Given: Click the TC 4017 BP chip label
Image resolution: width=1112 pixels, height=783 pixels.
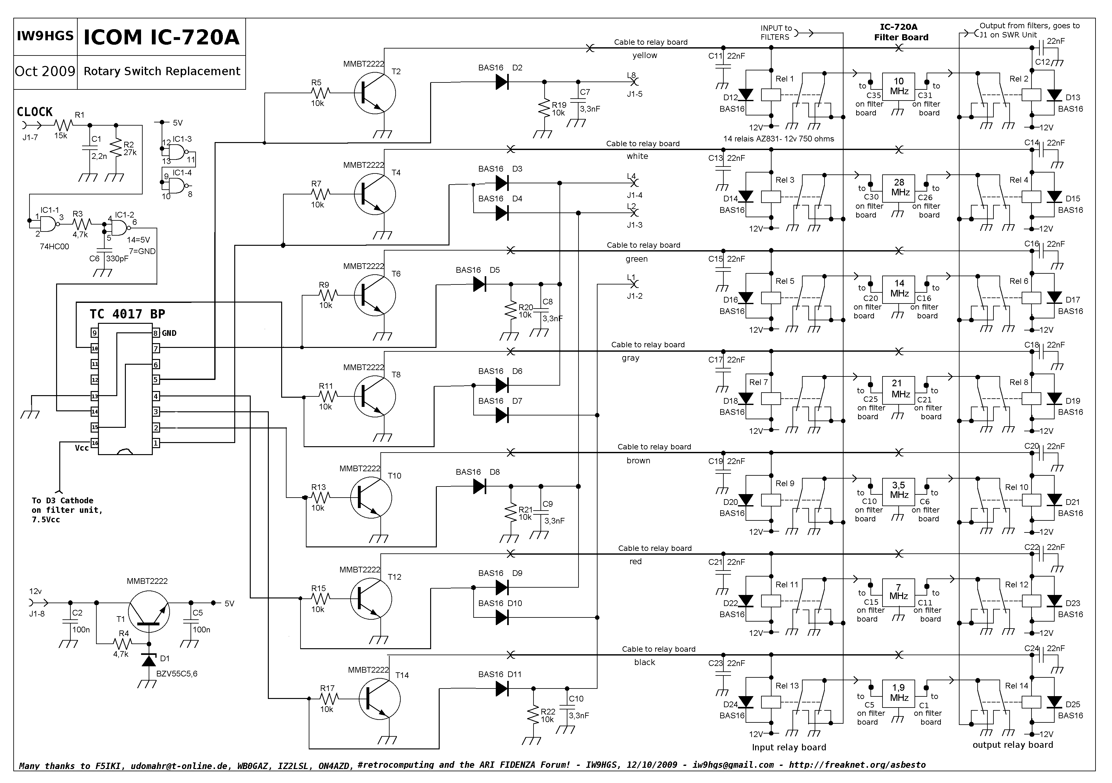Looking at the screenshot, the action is point(127,314).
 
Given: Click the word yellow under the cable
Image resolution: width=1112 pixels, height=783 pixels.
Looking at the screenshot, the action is point(645,55).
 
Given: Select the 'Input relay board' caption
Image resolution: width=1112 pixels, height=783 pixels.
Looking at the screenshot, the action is point(789,747).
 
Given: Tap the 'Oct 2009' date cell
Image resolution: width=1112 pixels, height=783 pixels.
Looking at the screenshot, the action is point(45,71).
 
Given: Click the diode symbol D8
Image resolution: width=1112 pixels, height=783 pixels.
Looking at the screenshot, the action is point(480,486).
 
